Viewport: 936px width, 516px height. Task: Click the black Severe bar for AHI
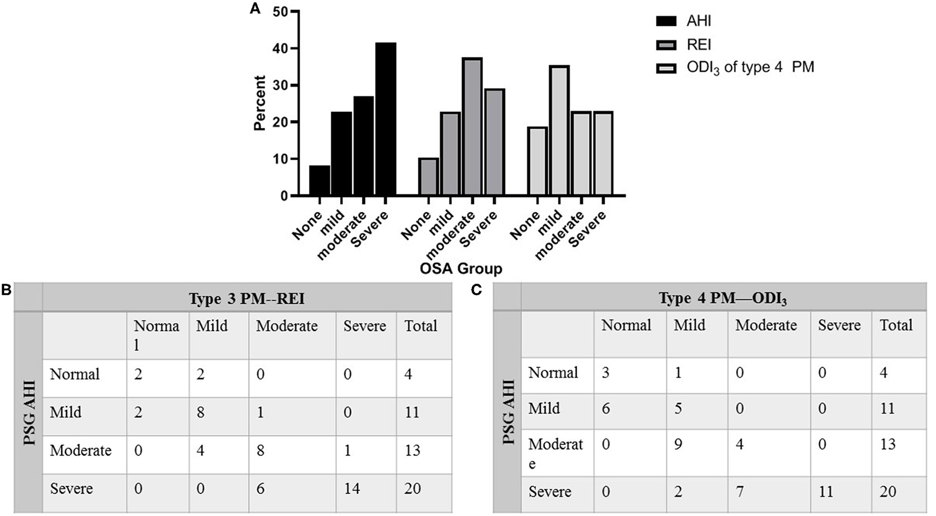pos(386,119)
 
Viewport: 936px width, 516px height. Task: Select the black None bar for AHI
pos(320,181)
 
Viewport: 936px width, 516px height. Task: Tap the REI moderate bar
pos(472,127)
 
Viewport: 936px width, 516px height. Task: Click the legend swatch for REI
pos(666,45)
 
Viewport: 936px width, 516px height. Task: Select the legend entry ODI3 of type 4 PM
pos(750,68)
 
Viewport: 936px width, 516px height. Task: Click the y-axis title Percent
pos(259,103)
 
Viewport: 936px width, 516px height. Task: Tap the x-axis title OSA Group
pos(461,268)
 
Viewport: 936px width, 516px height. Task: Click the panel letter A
pos(255,9)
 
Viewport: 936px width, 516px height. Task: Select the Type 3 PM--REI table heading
pos(247,299)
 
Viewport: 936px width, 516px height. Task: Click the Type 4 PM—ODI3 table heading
pos(723,298)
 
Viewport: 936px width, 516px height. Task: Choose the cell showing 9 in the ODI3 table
pos(678,444)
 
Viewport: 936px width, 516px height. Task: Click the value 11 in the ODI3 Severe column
pos(826,492)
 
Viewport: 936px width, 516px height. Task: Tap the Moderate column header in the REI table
pos(287,326)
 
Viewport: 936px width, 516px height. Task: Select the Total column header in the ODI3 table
pos(896,325)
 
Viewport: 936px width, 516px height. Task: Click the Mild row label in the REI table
pos(65,412)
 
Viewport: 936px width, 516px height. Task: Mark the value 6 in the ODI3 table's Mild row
pos(606,408)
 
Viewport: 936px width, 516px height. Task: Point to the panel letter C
pos(476,290)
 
